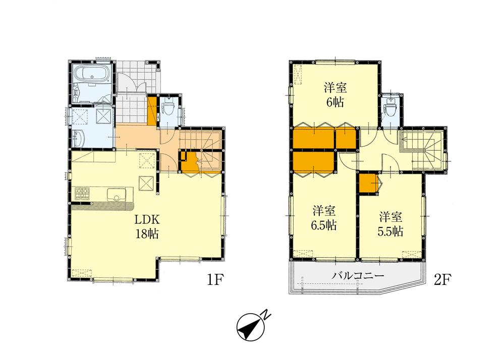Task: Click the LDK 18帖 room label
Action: click(147, 226)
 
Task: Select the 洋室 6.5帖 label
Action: click(324, 217)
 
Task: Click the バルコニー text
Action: click(358, 276)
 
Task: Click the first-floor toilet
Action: click(170, 109)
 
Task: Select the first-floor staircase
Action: click(202, 144)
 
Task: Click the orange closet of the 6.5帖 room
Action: click(314, 162)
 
